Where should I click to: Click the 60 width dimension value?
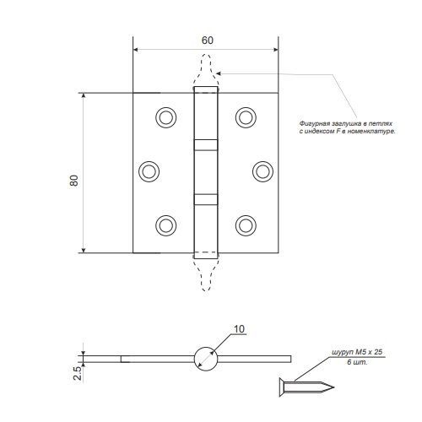208,41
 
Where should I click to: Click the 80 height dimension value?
74,181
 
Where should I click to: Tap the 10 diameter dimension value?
239,329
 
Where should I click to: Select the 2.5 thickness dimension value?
78,374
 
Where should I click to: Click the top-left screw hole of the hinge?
166,117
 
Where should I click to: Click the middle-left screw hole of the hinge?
149,171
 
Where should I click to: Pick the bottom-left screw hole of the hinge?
166,225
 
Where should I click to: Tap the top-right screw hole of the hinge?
246,117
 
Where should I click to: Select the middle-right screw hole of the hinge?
262,171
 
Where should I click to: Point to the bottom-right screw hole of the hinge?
246,225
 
